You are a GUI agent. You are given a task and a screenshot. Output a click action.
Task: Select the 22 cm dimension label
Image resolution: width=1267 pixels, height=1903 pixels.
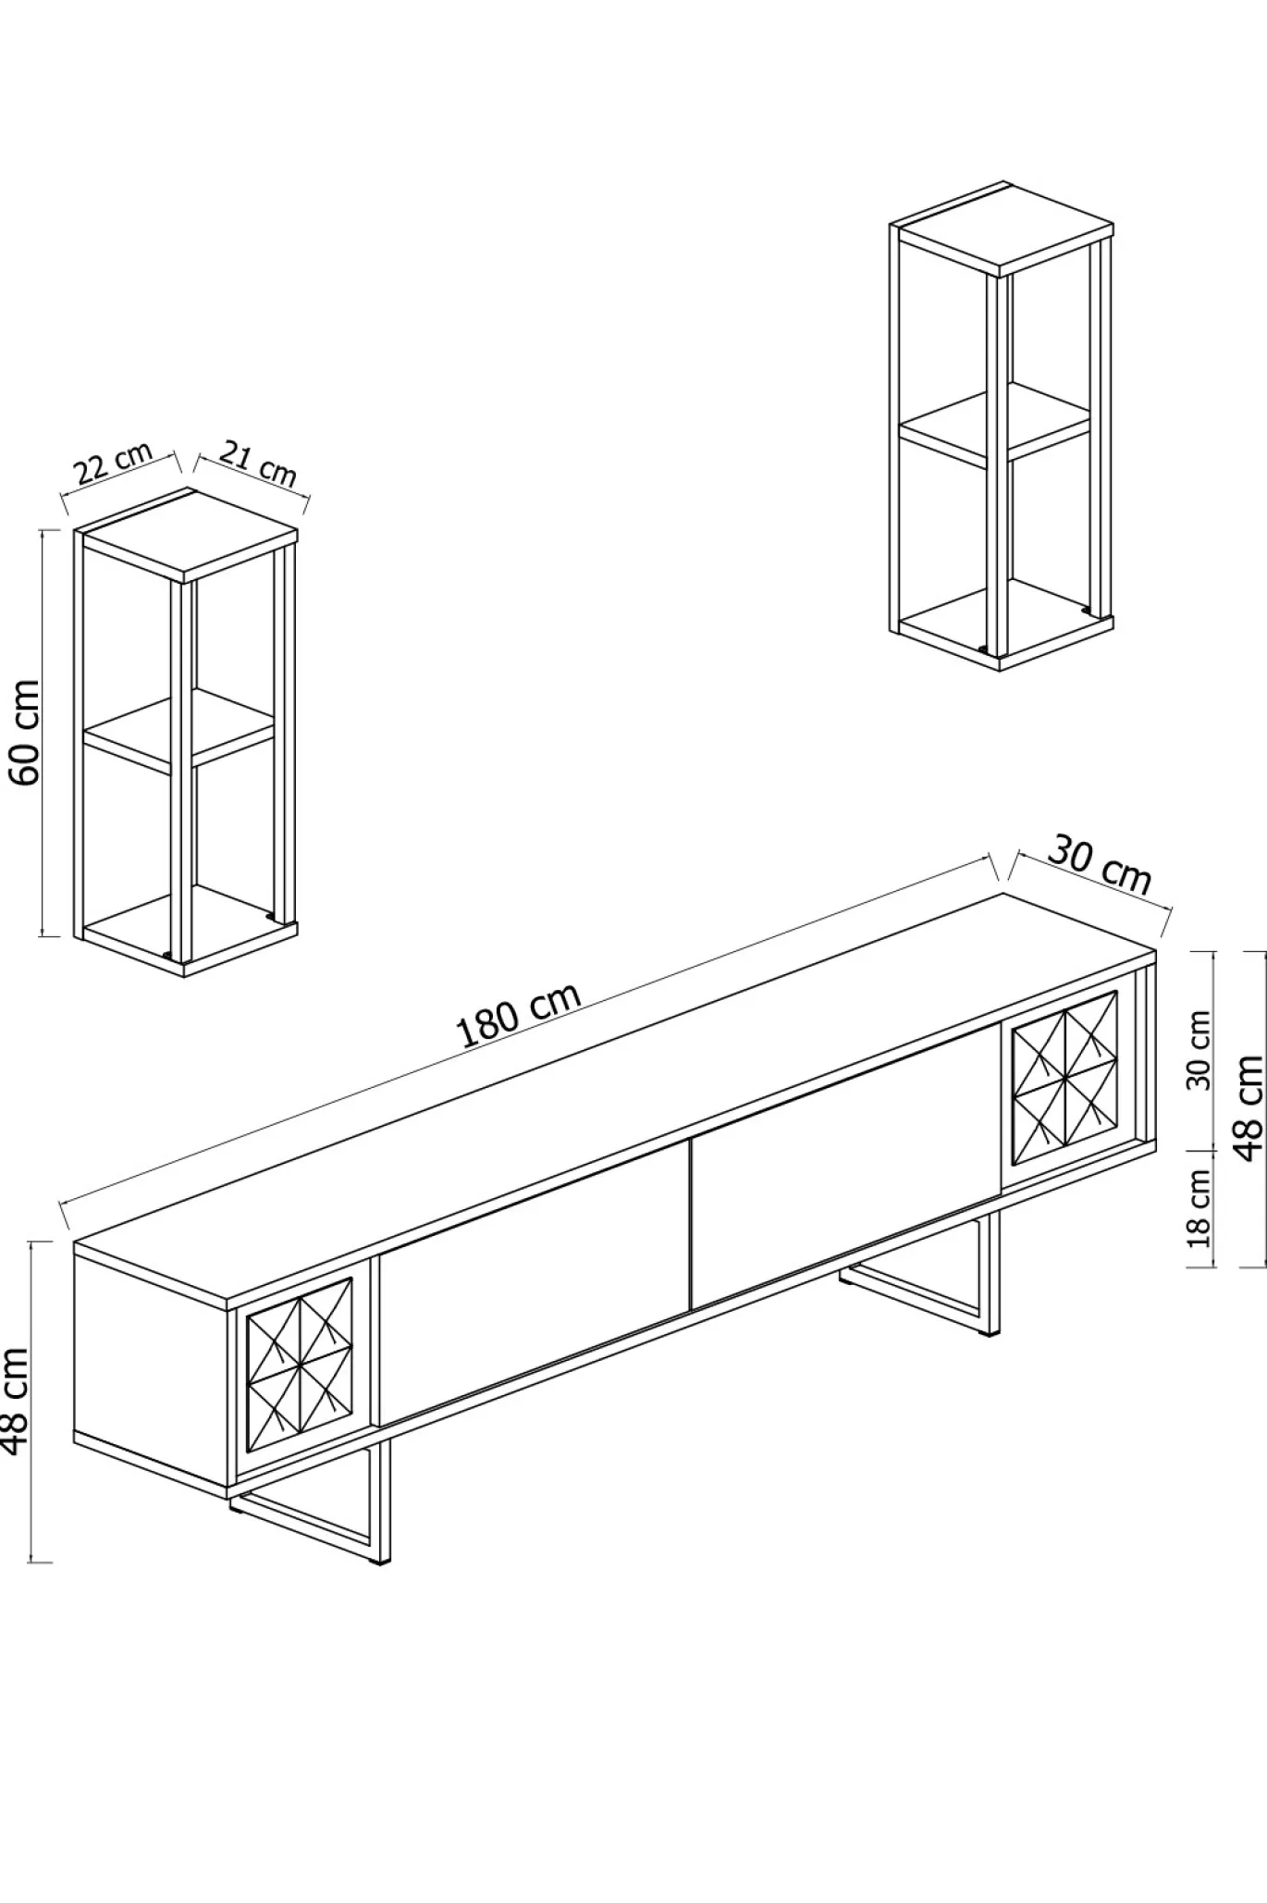113,463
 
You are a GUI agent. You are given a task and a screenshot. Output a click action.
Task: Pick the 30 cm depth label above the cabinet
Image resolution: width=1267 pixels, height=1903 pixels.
1100,867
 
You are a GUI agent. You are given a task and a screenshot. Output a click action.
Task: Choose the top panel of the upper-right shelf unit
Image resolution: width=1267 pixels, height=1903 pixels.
1003,228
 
